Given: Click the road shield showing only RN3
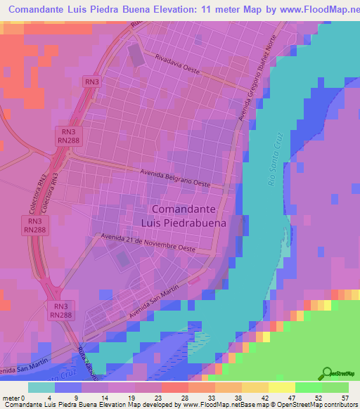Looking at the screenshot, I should point(91,82).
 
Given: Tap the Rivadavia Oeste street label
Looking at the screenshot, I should point(179,67).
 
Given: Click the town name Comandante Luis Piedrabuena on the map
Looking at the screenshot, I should point(190,216).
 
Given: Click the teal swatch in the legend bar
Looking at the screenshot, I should point(41,387).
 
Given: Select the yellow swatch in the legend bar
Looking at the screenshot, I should point(281,387).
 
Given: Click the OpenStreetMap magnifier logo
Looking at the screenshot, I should point(328,374).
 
